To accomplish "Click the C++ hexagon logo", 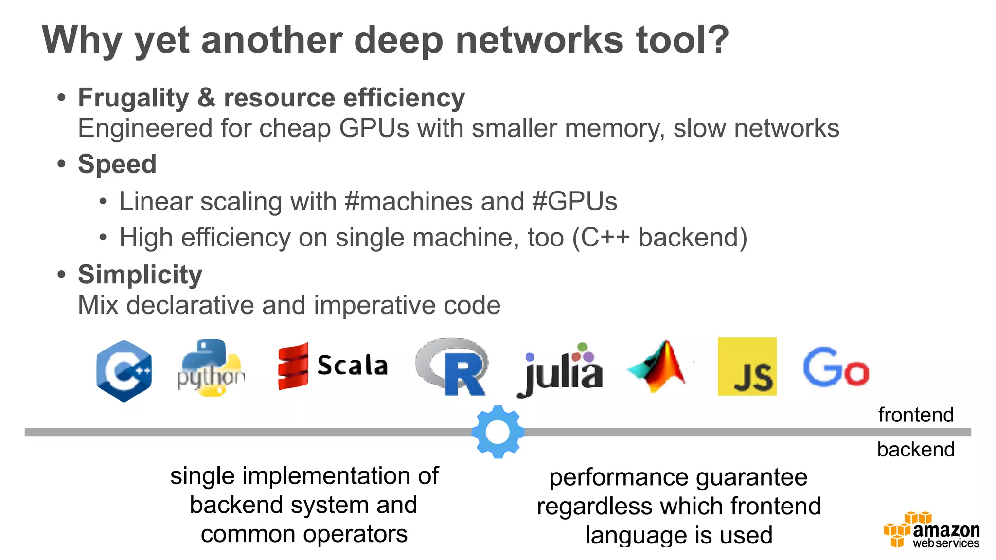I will click(124, 371).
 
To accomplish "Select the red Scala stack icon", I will click(293, 366).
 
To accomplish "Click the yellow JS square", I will click(747, 367).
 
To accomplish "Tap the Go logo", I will click(836, 367).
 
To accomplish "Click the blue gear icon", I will click(498, 432).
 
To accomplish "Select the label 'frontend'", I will click(916, 415).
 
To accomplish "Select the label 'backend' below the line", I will click(916, 450).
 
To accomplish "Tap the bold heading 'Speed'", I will click(117, 164).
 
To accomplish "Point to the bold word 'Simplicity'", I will click(140, 275).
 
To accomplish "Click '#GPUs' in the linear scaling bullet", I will click(574, 202).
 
